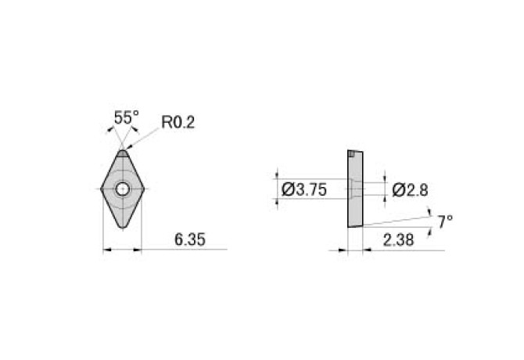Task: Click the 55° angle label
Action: coord(127,117)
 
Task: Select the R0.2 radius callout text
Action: coord(178,122)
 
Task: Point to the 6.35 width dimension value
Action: coord(190,239)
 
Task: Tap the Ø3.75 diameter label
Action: coord(303,190)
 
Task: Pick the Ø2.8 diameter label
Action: coord(410,190)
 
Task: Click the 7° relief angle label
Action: coord(446,222)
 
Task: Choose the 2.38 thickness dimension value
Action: coord(398,240)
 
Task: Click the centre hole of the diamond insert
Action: coord(123,189)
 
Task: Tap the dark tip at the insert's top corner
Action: coord(123,153)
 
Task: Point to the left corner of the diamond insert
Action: coord(101,189)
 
